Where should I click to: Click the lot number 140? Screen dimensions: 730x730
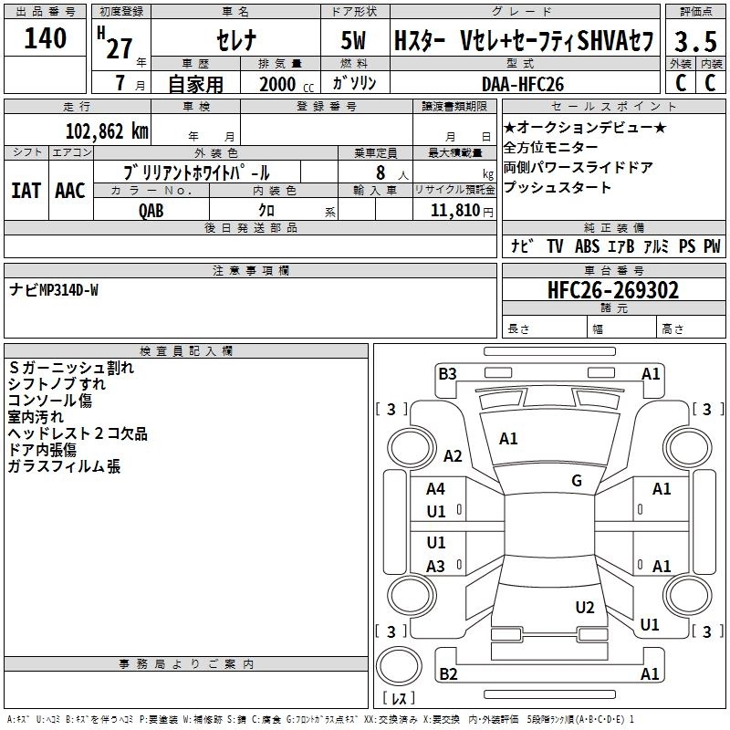pos(46,39)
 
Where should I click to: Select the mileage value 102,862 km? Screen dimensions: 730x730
pos(107,130)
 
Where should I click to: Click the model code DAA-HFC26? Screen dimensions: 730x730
pos(523,84)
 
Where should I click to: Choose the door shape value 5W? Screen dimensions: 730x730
pos(354,42)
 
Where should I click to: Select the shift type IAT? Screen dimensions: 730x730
pos(26,190)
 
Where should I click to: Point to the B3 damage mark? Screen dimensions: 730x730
pos(447,373)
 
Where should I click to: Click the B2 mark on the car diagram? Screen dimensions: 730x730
pos(448,674)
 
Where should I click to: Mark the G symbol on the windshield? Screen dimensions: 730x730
pos(577,481)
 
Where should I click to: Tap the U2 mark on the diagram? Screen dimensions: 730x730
pos(585,608)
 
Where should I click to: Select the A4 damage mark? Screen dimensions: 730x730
pos(436,489)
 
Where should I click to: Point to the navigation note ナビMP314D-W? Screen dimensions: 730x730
pos(54,290)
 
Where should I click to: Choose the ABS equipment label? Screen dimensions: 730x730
pos(587,246)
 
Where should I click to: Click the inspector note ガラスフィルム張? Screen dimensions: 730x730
pos(64,467)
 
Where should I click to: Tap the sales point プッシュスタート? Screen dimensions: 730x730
pos(557,188)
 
